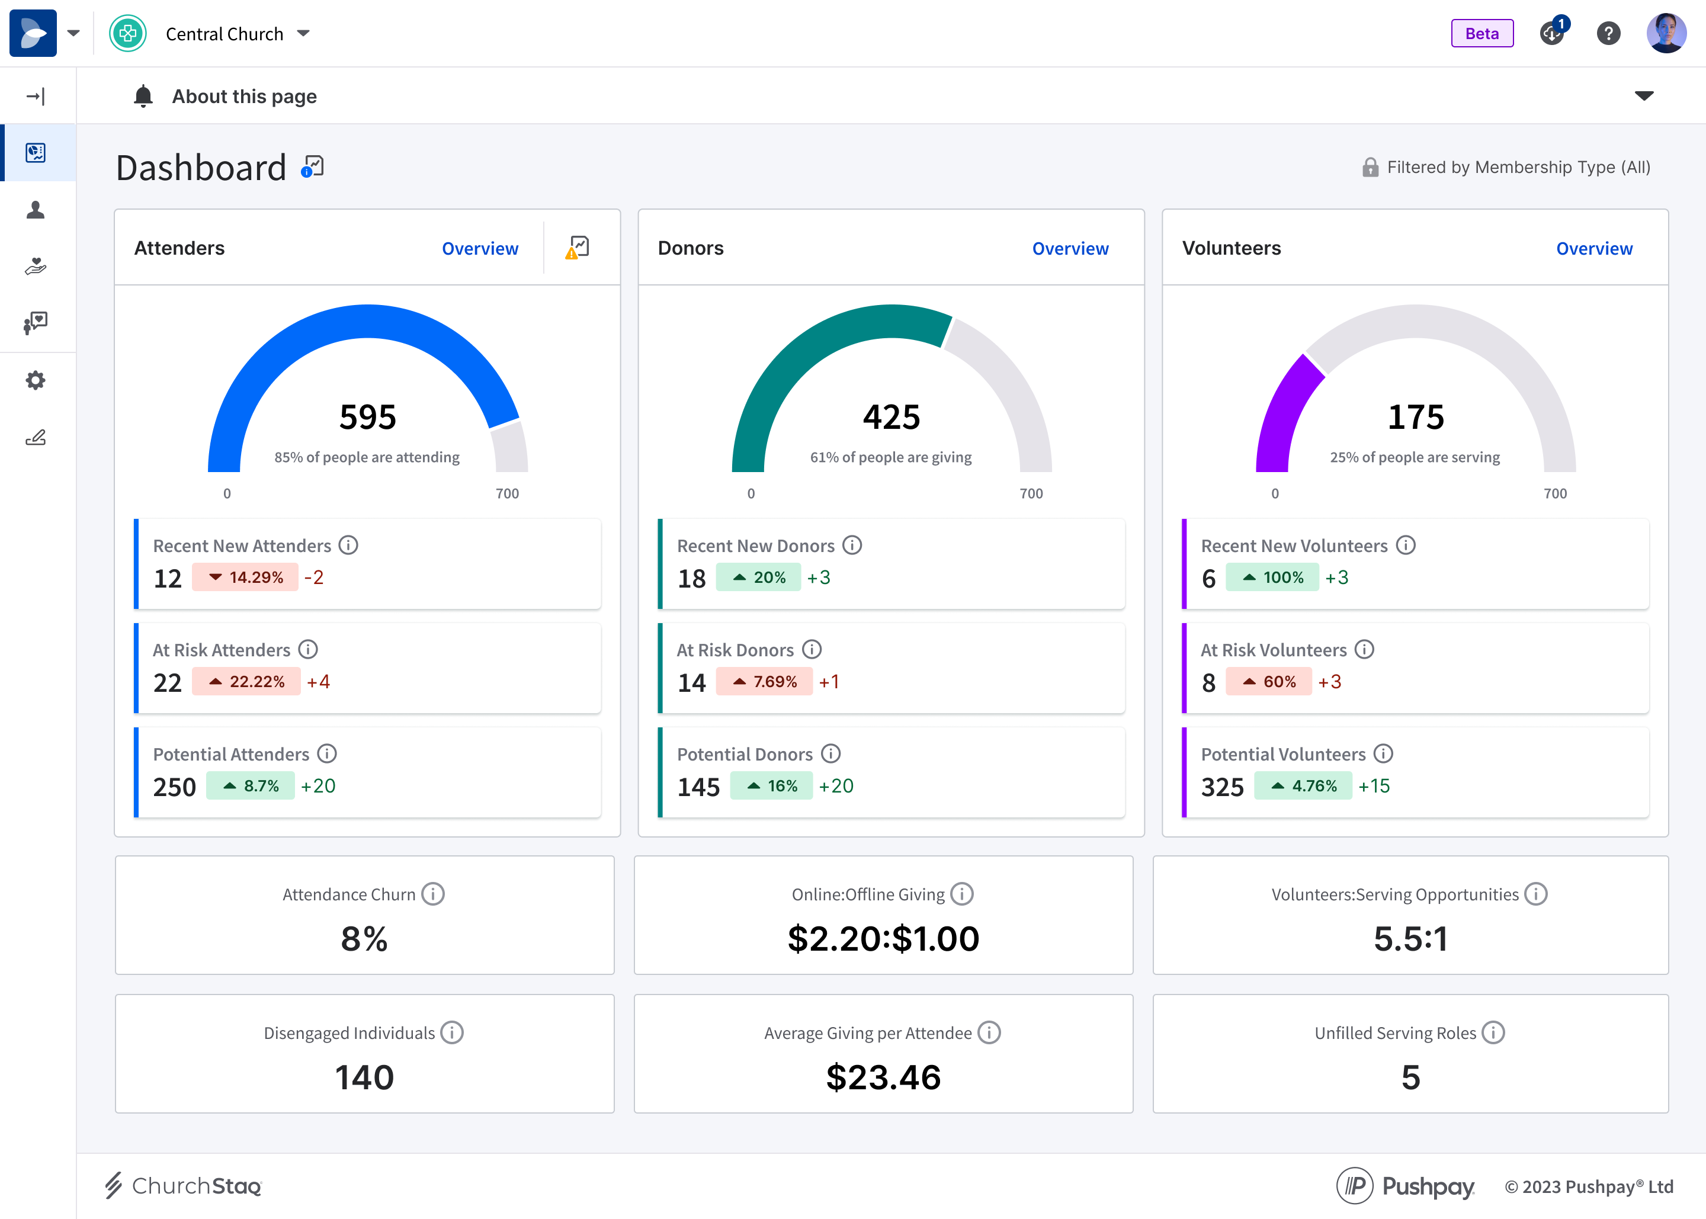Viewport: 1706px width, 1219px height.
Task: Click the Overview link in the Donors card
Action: tap(1070, 248)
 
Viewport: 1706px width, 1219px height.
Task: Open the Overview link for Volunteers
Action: tap(1593, 248)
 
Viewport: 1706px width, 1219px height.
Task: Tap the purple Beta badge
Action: tap(1481, 34)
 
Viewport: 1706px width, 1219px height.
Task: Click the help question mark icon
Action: tap(1608, 34)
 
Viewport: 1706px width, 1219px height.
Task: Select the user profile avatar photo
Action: tap(1666, 34)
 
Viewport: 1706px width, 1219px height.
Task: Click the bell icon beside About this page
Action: tap(143, 96)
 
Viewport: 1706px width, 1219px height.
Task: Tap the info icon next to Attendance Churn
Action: tap(433, 894)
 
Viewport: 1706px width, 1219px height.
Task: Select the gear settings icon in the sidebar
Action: tap(36, 380)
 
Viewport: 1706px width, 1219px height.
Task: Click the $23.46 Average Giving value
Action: tap(883, 1077)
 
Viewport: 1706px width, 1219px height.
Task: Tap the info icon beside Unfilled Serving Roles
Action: tap(1493, 1033)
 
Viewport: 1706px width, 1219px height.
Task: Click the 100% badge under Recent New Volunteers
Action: tap(1272, 578)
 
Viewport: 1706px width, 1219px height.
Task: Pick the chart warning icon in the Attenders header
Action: tap(577, 248)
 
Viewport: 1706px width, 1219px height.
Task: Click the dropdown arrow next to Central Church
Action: tap(303, 34)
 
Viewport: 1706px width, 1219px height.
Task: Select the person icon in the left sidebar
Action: tap(36, 210)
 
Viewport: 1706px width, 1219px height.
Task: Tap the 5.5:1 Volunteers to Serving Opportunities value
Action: tap(1410, 939)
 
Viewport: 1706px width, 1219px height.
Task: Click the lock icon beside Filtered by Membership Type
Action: tap(1370, 168)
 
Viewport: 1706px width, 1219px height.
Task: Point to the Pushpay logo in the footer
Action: tap(1405, 1186)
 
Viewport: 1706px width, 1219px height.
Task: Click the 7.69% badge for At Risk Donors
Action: tap(764, 682)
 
